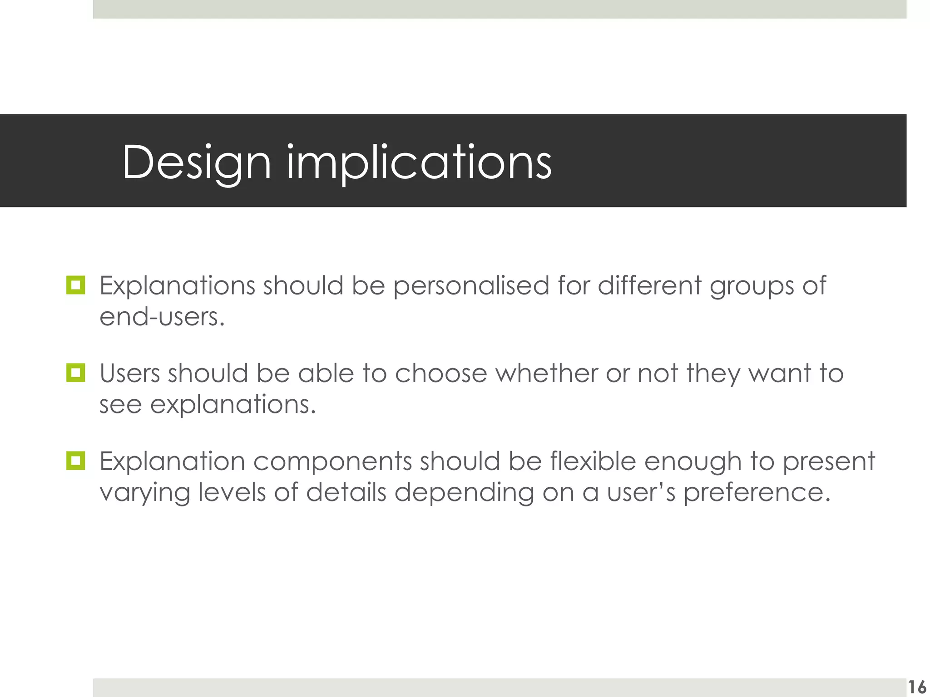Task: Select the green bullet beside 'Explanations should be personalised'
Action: click(x=75, y=285)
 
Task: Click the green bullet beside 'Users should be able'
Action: click(x=75, y=373)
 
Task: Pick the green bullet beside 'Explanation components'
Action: click(x=75, y=461)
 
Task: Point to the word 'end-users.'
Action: click(x=162, y=317)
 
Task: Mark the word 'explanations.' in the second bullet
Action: click(x=232, y=405)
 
